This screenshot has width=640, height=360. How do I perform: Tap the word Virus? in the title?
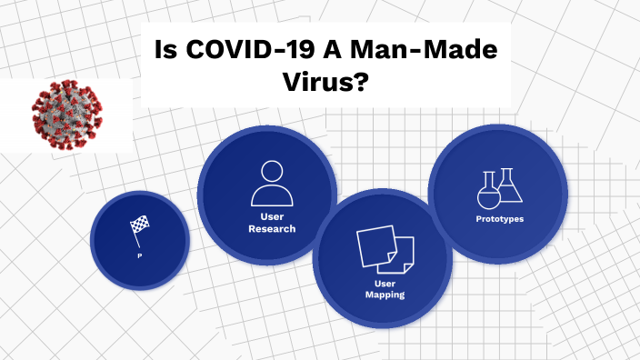[x=324, y=81]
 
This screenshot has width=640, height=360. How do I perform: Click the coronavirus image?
[x=66, y=114]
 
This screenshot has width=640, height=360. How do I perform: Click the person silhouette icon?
[x=272, y=183]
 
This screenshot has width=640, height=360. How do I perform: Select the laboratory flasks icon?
[x=499, y=188]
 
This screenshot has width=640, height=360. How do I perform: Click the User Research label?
[x=272, y=223]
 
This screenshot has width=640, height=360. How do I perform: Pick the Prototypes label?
[x=499, y=219]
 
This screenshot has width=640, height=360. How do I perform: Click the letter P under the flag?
[x=139, y=255]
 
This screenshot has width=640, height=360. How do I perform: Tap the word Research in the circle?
[x=272, y=228]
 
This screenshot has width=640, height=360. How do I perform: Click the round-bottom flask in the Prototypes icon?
[x=489, y=194]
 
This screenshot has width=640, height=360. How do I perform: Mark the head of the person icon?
[x=272, y=170]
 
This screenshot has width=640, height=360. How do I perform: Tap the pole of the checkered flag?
[x=138, y=237]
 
